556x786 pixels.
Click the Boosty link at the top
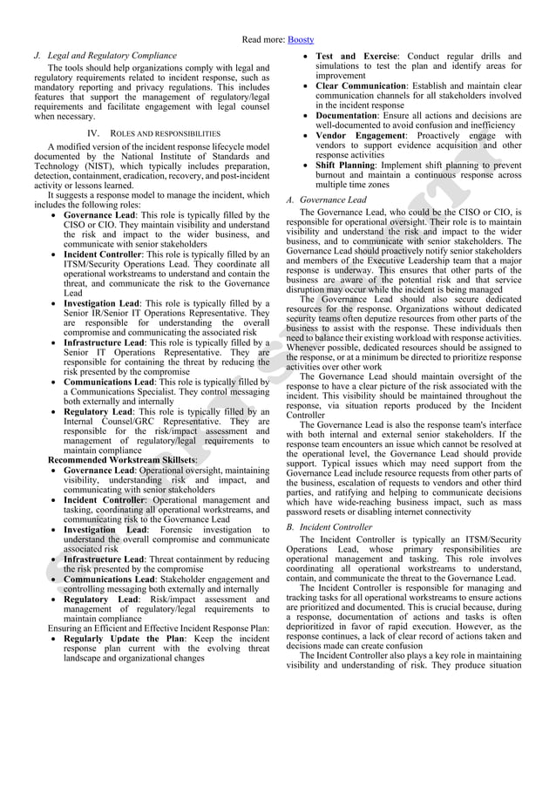[302, 39]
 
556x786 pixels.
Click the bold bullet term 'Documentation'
[346, 115]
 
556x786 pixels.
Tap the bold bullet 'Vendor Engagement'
[360, 135]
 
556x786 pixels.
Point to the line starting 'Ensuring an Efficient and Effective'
[159, 627]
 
